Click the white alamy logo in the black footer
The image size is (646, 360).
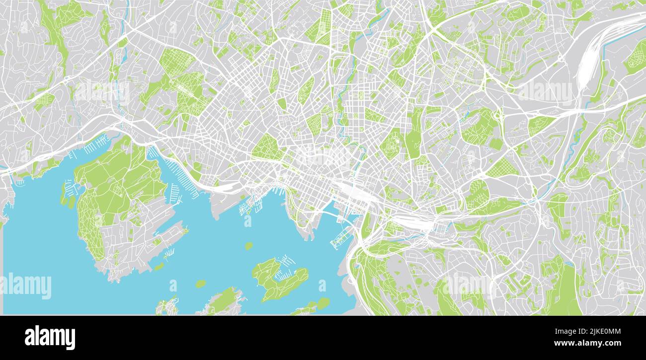click(x=50, y=338)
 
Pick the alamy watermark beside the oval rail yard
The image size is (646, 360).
click(x=544, y=92)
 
